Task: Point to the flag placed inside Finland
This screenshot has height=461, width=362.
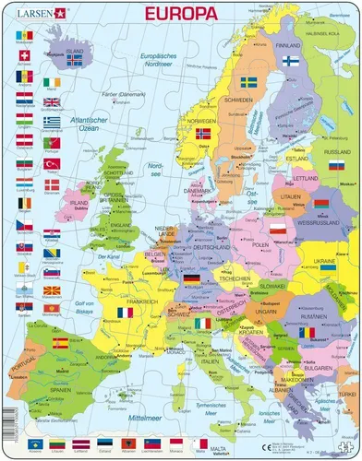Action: (x=289, y=61)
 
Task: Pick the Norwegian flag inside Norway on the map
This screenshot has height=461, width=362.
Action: (x=204, y=135)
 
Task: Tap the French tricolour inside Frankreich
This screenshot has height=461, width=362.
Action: (x=124, y=315)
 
